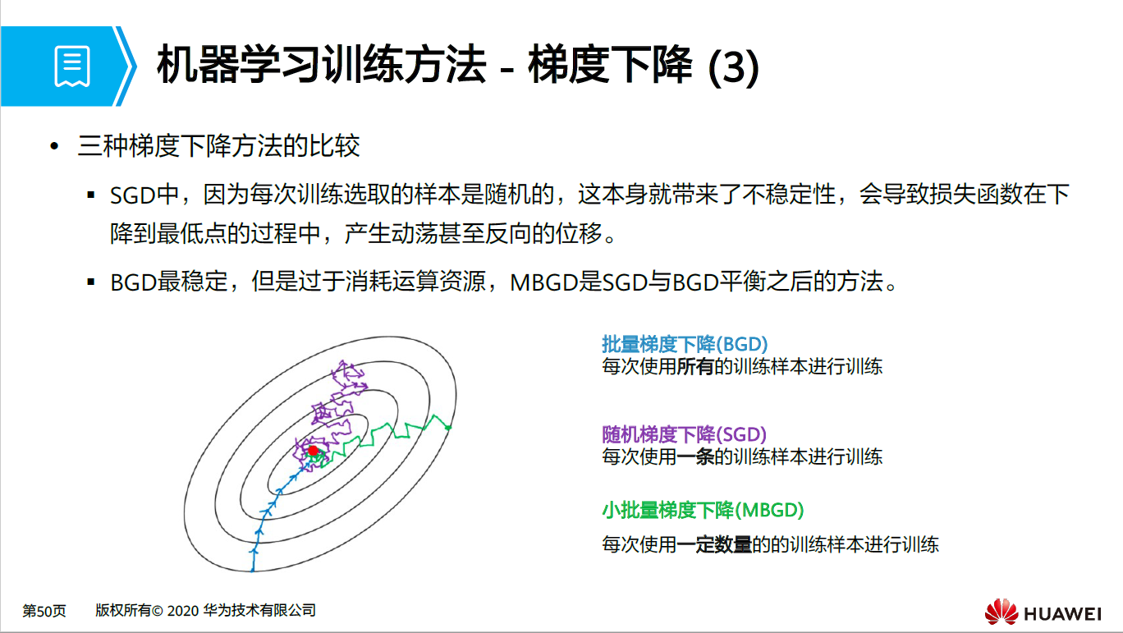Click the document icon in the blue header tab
(72, 67)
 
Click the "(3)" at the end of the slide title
(732, 67)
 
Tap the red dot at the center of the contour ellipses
(313, 451)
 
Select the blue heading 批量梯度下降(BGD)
(685, 344)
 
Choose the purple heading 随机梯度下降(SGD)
(684, 434)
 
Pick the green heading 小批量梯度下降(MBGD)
(703, 510)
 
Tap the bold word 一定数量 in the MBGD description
(713, 544)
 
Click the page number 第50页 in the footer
(44, 611)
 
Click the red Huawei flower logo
(1001, 612)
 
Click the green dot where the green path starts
(448, 427)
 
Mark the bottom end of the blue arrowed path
(253, 568)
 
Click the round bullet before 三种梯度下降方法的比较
(55, 147)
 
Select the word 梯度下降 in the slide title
(611, 67)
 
